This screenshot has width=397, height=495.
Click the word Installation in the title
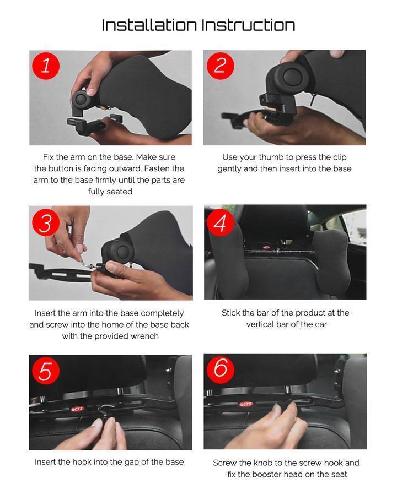click(x=149, y=25)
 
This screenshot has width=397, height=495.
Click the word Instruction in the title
click(x=249, y=25)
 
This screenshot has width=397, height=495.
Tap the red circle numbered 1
click(x=46, y=66)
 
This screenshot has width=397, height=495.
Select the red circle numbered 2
click(x=221, y=66)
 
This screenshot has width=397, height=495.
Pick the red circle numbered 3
click(x=46, y=222)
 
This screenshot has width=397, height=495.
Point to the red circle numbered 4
click(x=221, y=222)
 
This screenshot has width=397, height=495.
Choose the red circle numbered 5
click(x=46, y=370)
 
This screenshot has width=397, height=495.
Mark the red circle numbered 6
click(x=221, y=369)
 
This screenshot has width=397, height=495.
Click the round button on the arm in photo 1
click(x=82, y=99)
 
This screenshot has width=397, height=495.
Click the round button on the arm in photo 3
click(x=122, y=251)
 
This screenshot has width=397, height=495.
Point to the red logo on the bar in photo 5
click(x=77, y=409)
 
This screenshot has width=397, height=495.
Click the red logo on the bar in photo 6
click(x=245, y=404)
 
